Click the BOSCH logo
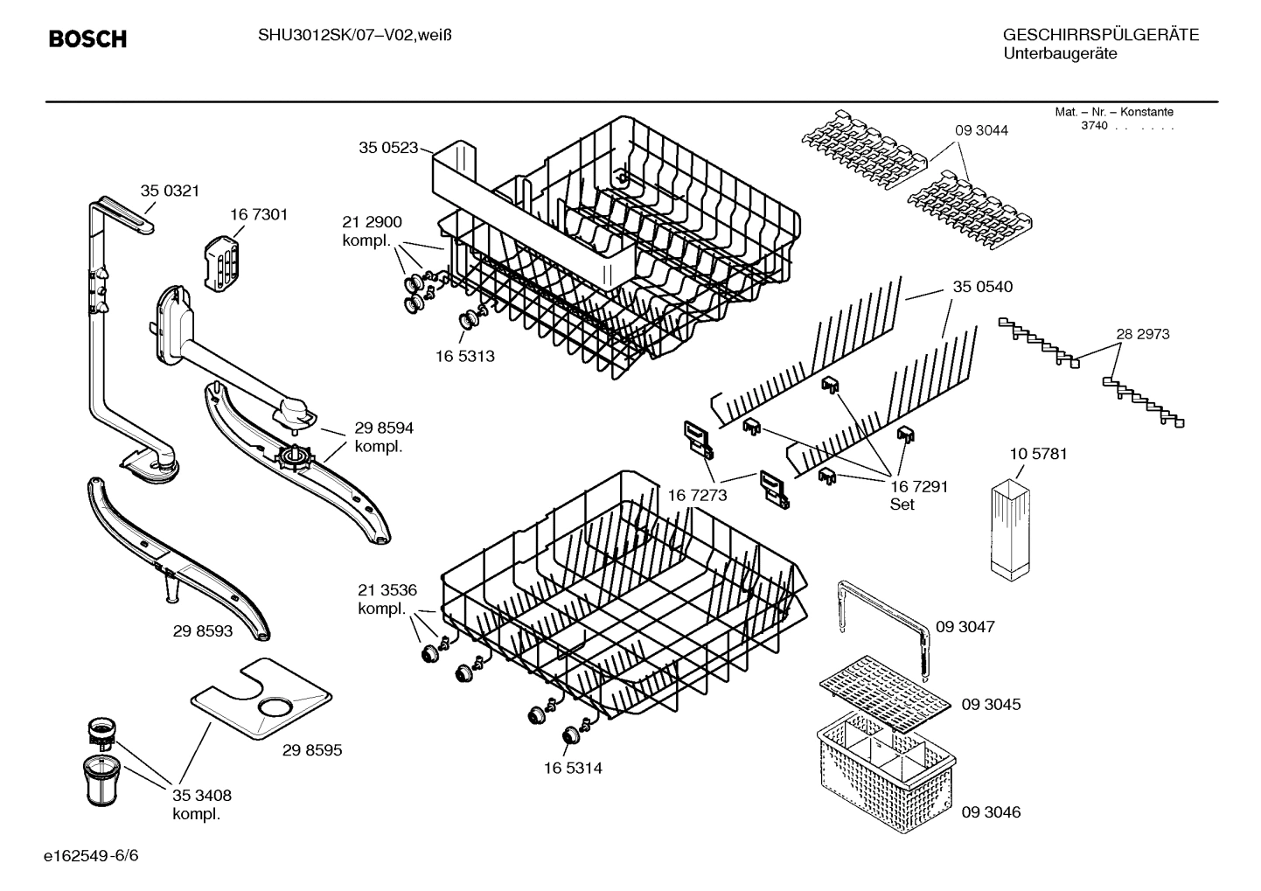click(x=87, y=39)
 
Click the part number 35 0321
click(x=170, y=191)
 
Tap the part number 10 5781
click(x=1038, y=454)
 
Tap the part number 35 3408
click(x=201, y=796)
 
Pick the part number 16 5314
click(x=573, y=769)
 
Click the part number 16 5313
click(x=465, y=356)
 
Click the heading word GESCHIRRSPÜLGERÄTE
click(x=1100, y=35)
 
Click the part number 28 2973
click(x=1142, y=334)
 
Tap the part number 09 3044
click(x=980, y=130)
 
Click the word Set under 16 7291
click(x=902, y=505)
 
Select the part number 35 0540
click(x=983, y=287)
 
